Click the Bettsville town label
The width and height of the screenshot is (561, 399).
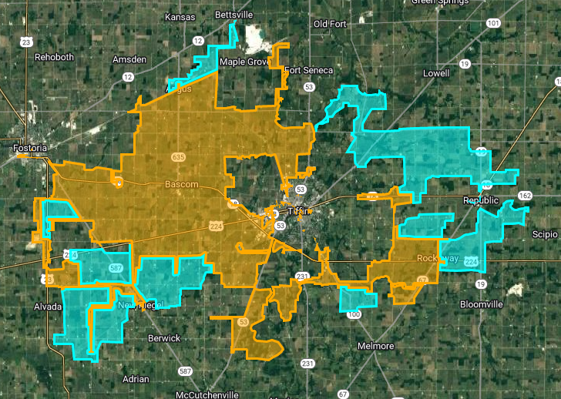pyautogui.click(x=213, y=15)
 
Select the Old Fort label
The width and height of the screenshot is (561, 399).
pyautogui.click(x=330, y=24)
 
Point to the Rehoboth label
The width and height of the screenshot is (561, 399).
pyautogui.click(x=54, y=57)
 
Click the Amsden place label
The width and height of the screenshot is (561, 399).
pyautogui.click(x=129, y=59)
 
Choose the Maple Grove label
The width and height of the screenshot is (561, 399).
pyautogui.click(x=243, y=62)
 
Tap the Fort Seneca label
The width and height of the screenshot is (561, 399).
pyautogui.click(x=308, y=70)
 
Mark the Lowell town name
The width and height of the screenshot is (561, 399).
pyautogui.click(x=436, y=73)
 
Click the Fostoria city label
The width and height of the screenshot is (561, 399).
pyautogui.click(x=30, y=147)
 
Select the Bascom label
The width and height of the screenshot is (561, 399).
pyautogui.click(x=182, y=185)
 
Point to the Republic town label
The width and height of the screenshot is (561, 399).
pyautogui.click(x=481, y=200)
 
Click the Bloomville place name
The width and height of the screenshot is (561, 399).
pyautogui.click(x=481, y=304)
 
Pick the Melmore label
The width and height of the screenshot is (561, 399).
pyautogui.click(x=377, y=346)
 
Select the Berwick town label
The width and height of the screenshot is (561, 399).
pyautogui.click(x=164, y=338)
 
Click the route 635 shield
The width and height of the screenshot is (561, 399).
pyautogui.click(x=179, y=157)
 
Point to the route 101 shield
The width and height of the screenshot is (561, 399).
pyautogui.click(x=493, y=23)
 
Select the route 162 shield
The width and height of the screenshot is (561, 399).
pyautogui.click(x=525, y=196)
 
